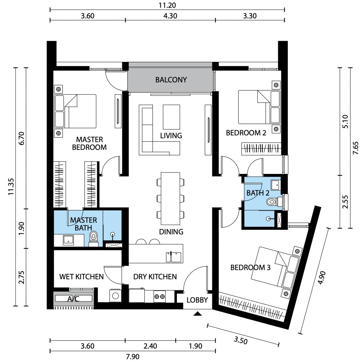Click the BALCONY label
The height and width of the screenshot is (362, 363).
[x=171, y=80]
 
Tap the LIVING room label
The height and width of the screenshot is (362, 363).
[x=171, y=136]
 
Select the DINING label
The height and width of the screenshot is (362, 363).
[x=171, y=232]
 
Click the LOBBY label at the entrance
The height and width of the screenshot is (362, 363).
[x=197, y=300]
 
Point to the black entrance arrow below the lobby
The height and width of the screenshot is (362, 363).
[x=197, y=314]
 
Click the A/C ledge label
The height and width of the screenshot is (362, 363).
[x=73, y=299]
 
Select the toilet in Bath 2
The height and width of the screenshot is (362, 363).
[x=275, y=202]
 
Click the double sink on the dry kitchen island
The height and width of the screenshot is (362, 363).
[x=174, y=257]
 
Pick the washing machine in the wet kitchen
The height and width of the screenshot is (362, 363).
[x=115, y=296]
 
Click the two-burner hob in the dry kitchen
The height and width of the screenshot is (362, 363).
[x=160, y=296]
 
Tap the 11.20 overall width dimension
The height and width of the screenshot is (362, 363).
[x=167, y=5]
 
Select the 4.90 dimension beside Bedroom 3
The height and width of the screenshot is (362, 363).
[x=322, y=278]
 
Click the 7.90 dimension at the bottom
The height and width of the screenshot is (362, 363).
[x=133, y=356]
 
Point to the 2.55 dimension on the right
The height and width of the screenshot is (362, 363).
[x=345, y=202]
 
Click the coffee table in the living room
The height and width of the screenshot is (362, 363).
[x=171, y=117]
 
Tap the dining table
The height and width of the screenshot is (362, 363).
[x=171, y=198]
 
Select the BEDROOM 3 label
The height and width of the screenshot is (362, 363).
[x=250, y=268]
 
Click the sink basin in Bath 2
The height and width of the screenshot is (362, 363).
[x=276, y=185]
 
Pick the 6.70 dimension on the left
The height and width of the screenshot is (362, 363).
[x=22, y=138]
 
